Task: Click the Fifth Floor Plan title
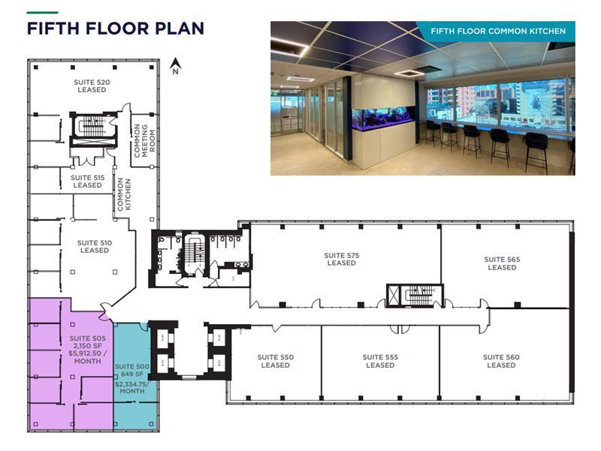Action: pos(115,29)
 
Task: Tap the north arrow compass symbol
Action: pos(175,66)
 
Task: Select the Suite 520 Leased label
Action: pos(92,86)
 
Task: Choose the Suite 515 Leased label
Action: pos(87,182)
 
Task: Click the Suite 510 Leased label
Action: pos(95,247)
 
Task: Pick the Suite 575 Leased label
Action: pos(341,260)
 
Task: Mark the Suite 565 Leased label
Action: pos(502,263)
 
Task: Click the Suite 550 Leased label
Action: pos(275,361)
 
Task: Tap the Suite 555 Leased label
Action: pos(380,361)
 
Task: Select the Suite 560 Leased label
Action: pos(500,361)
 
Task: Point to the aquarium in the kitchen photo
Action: pos(383,120)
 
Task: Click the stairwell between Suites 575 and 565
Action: pos(414,296)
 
